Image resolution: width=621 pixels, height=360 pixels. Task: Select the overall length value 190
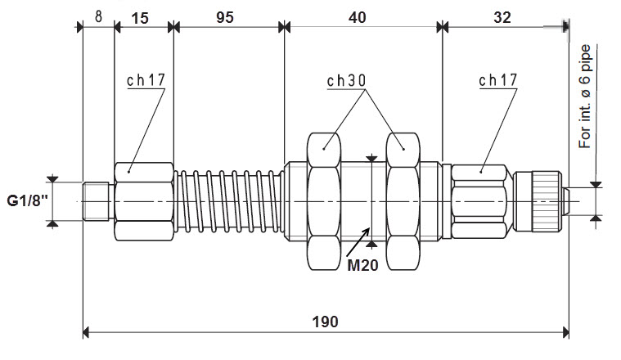point(325,321)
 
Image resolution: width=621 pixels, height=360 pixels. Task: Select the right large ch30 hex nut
point(402,200)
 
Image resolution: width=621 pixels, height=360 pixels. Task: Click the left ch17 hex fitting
point(144,200)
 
